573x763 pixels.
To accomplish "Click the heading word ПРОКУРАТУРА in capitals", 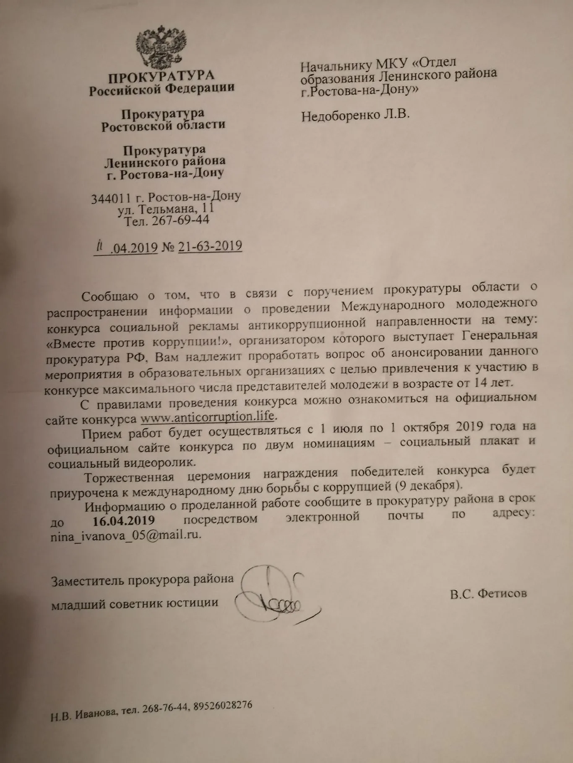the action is (161, 76).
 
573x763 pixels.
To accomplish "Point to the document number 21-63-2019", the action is (210, 246).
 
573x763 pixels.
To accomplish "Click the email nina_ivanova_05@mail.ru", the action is (124, 535).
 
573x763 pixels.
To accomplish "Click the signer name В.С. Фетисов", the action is (488, 594).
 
